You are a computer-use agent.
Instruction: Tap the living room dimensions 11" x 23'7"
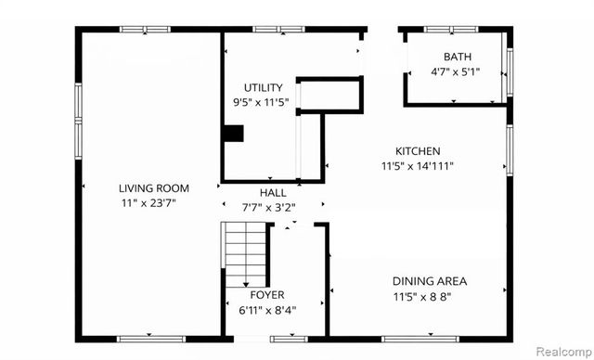[153, 202]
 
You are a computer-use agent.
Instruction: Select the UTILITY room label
[263, 88]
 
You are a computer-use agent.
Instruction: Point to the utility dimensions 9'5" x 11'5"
[263, 102]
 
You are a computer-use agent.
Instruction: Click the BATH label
[457, 57]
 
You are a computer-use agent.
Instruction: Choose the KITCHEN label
[418, 151]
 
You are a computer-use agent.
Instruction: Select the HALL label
[272, 192]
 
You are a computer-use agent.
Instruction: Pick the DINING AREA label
[429, 281]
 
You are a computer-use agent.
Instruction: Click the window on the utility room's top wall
[279, 30]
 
